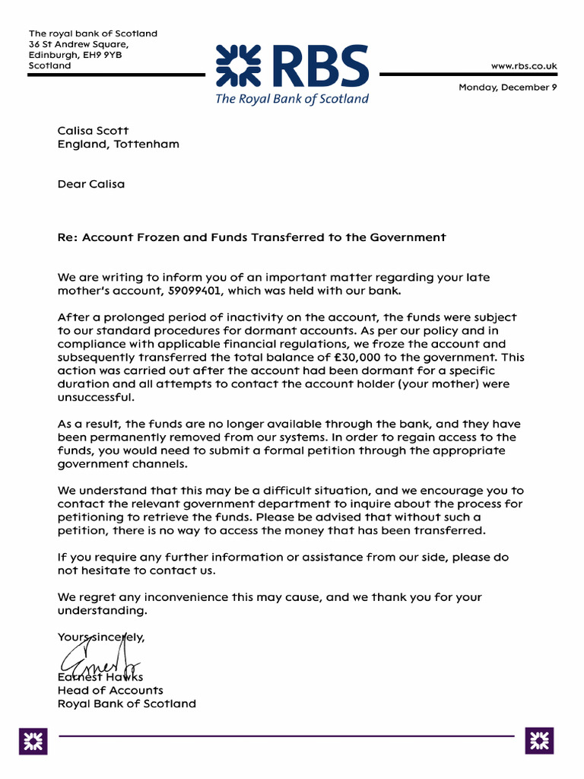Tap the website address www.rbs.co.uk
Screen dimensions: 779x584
(x=524, y=66)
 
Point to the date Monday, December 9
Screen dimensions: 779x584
(x=507, y=87)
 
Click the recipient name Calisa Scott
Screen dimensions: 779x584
(x=94, y=131)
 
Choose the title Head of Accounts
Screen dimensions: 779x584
(x=110, y=690)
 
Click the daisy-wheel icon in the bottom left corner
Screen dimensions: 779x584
(x=33, y=740)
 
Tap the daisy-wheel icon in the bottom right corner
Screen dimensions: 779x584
(x=539, y=740)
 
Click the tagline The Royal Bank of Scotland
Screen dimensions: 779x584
(x=291, y=99)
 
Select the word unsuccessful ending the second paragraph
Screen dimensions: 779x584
(x=95, y=397)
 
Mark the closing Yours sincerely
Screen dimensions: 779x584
(x=100, y=638)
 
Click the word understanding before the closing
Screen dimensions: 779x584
(x=102, y=611)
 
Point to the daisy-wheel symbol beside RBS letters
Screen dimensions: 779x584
(x=239, y=65)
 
